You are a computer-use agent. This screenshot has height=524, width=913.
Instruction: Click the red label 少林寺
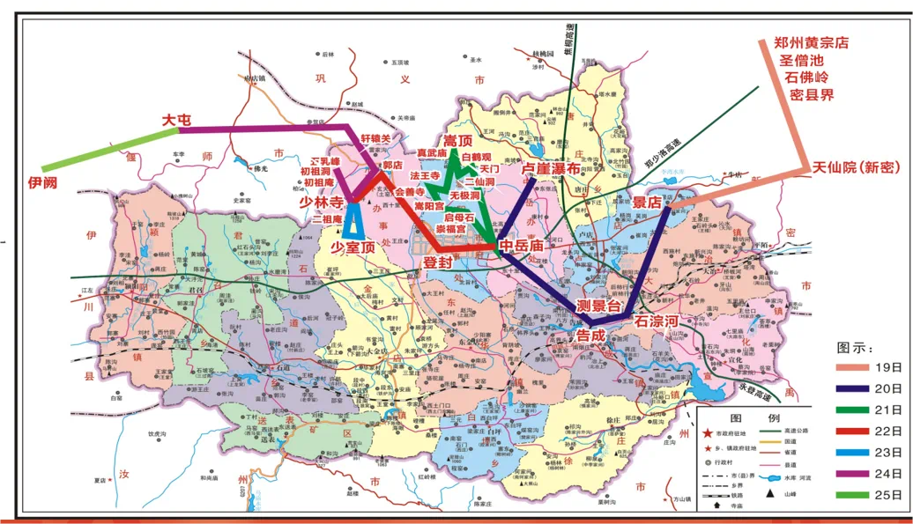tap(323, 200)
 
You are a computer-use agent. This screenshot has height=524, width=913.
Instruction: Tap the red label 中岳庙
tap(520, 246)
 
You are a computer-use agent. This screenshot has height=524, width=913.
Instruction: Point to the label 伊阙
tap(42, 182)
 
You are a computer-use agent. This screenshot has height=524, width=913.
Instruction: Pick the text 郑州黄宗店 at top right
tap(810, 42)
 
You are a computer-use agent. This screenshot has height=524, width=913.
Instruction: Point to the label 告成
tap(590, 336)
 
